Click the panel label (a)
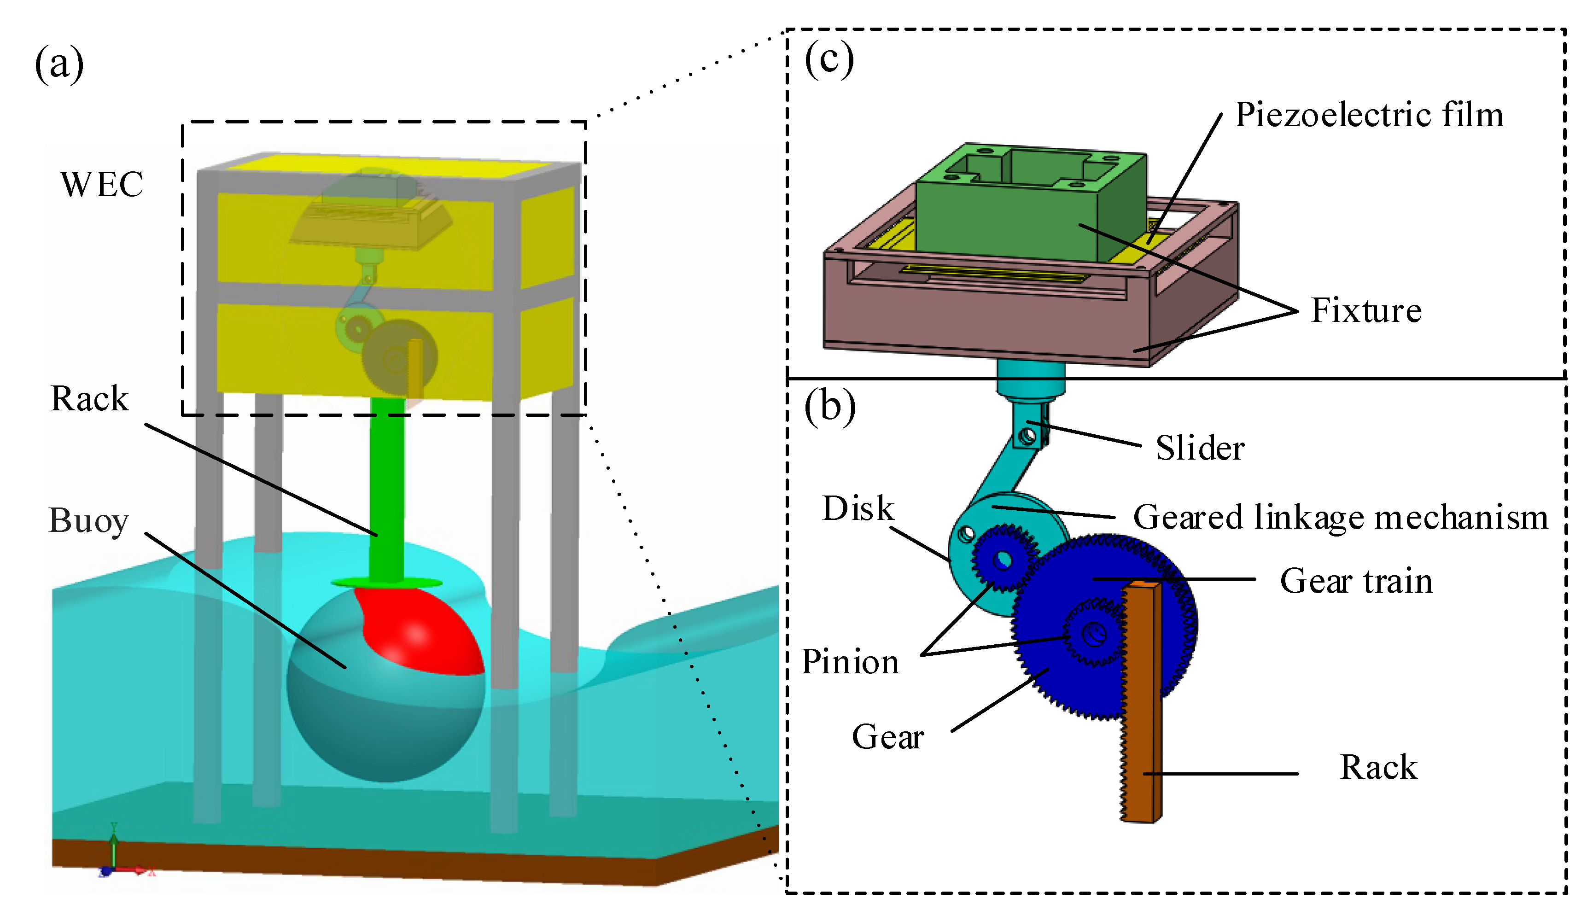59,64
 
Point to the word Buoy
89,521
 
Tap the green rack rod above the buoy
387,491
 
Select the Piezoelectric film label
1369,115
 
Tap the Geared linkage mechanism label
1340,517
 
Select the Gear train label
1356,581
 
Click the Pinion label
850,662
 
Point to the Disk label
858,508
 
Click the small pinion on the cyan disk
1004,559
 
